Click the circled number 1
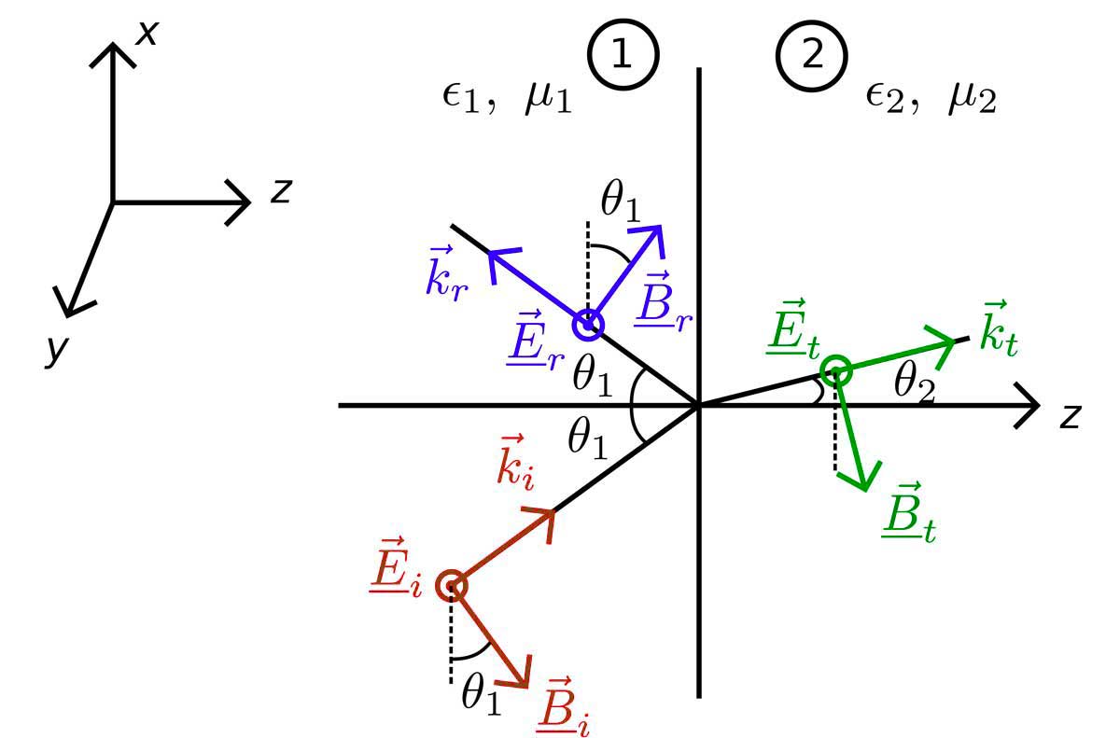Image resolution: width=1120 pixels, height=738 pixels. click(x=623, y=55)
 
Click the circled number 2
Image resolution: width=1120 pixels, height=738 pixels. click(x=812, y=55)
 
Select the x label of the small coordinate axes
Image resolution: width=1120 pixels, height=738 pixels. click(x=147, y=34)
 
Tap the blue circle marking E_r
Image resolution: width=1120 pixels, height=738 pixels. click(x=588, y=325)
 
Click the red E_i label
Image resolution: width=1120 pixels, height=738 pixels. click(x=395, y=571)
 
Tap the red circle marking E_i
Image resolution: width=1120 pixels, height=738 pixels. click(x=452, y=585)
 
